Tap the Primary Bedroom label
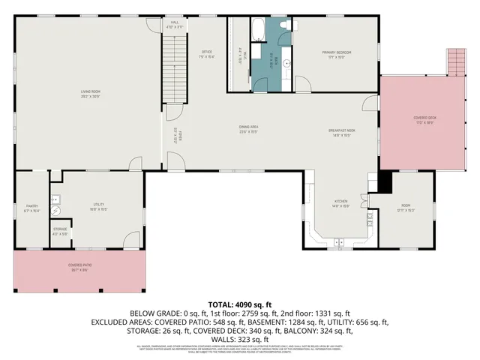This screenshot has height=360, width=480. pos(337,52)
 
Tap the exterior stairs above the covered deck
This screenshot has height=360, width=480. pos(456,61)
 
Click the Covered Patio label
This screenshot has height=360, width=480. pos(79,265)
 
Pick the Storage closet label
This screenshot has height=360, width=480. pos(60,231)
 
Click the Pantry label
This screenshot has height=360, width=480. pos(31,205)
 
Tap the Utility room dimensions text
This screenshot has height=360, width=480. pos(98,210)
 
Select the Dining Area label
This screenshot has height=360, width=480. pos(249,127)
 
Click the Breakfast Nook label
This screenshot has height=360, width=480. pos(341,130)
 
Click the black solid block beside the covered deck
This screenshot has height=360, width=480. pos(385,182)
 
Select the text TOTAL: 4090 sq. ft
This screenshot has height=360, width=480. pos(239,303)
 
